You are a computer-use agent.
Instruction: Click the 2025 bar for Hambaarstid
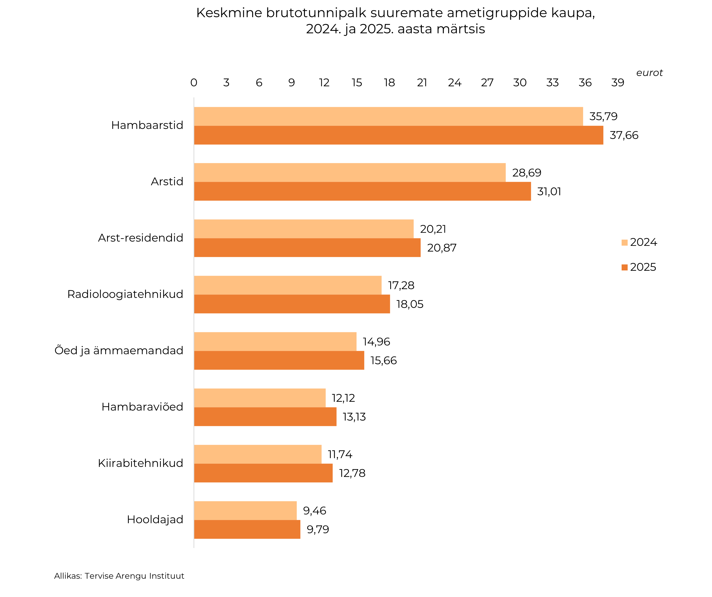click(398, 135)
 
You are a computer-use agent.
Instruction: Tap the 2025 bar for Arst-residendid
click(307, 248)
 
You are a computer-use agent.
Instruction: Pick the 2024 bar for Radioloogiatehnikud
click(288, 285)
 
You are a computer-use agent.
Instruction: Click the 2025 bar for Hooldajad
click(247, 529)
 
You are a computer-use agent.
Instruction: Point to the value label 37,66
click(624, 135)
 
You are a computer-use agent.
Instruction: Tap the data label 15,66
click(383, 361)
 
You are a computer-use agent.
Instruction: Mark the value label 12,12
click(343, 398)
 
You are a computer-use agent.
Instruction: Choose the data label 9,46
click(314, 511)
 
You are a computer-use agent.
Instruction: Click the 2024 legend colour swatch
click(625, 243)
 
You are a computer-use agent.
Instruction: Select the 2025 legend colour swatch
click(625, 267)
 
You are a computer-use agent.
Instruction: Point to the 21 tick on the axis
click(422, 83)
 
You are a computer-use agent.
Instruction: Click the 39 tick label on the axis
click(618, 83)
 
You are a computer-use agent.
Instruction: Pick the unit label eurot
click(649, 73)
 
